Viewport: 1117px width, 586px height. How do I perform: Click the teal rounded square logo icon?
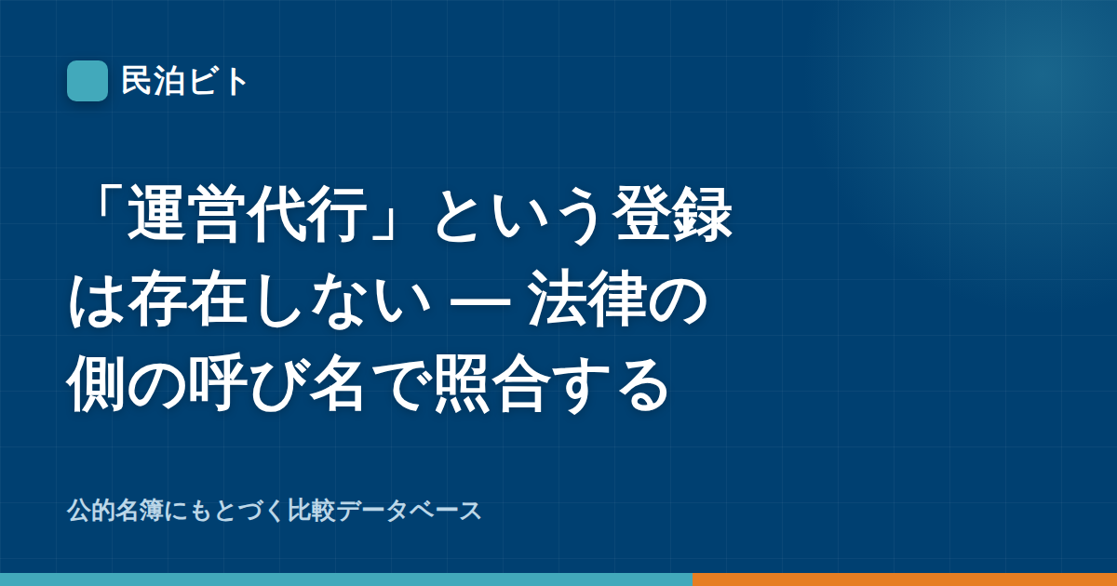[x=87, y=81]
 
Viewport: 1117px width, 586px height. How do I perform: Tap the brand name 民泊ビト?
[x=184, y=81]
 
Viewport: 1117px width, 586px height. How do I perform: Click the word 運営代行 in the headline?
[x=248, y=214]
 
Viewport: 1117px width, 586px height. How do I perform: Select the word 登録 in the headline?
[x=672, y=214]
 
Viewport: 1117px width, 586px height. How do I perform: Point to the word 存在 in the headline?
[x=188, y=299]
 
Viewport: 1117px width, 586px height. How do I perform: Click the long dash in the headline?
[x=479, y=300]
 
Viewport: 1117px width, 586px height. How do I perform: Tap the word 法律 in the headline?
[x=587, y=299]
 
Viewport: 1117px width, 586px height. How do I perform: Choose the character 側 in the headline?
[x=96, y=382]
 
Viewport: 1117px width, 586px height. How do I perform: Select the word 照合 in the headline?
[x=492, y=382]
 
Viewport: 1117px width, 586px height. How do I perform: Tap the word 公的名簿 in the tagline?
[x=115, y=511]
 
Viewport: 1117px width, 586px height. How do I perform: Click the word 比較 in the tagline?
[x=311, y=511]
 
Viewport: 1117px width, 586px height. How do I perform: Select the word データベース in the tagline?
[x=409, y=511]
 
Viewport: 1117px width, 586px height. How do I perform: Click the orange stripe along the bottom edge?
[x=905, y=579]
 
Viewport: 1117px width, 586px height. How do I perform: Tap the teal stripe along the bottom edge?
[x=346, y=579]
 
